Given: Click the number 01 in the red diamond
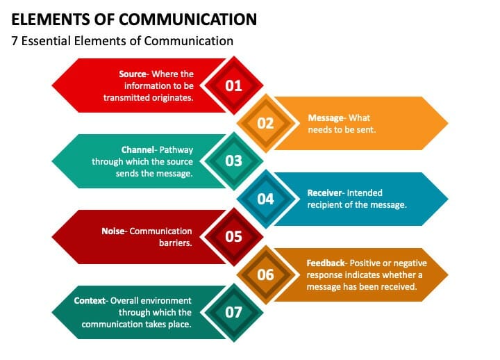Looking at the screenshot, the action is tap(233, 85).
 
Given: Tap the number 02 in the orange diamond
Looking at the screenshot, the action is tap(265, 123).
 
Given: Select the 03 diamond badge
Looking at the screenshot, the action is tap(233, 161).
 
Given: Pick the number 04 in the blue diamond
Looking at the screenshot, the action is tap(265, 199).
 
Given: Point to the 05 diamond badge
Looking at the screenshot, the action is tap(233, 236).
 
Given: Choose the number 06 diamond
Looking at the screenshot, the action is tap(265, 275).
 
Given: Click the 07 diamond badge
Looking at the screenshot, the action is tap(233, 312).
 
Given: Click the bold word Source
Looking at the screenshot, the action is tap(133, 74).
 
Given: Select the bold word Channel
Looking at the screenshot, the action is tap(137, 149).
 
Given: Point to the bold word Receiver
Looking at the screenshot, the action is tap(324, 193).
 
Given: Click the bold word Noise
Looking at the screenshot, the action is tap(113, 231).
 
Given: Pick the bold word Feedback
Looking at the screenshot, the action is tap(326, 263).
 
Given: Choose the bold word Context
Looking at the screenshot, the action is tap(90, 301).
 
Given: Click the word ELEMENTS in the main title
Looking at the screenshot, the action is tap(51, 19).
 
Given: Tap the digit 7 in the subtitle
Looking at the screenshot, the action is tap(15, 41).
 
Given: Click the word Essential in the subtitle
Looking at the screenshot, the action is tap(46, 41).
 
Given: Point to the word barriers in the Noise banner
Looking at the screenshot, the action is tap(176, 243).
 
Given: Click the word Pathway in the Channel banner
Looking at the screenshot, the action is tap(176, 150).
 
